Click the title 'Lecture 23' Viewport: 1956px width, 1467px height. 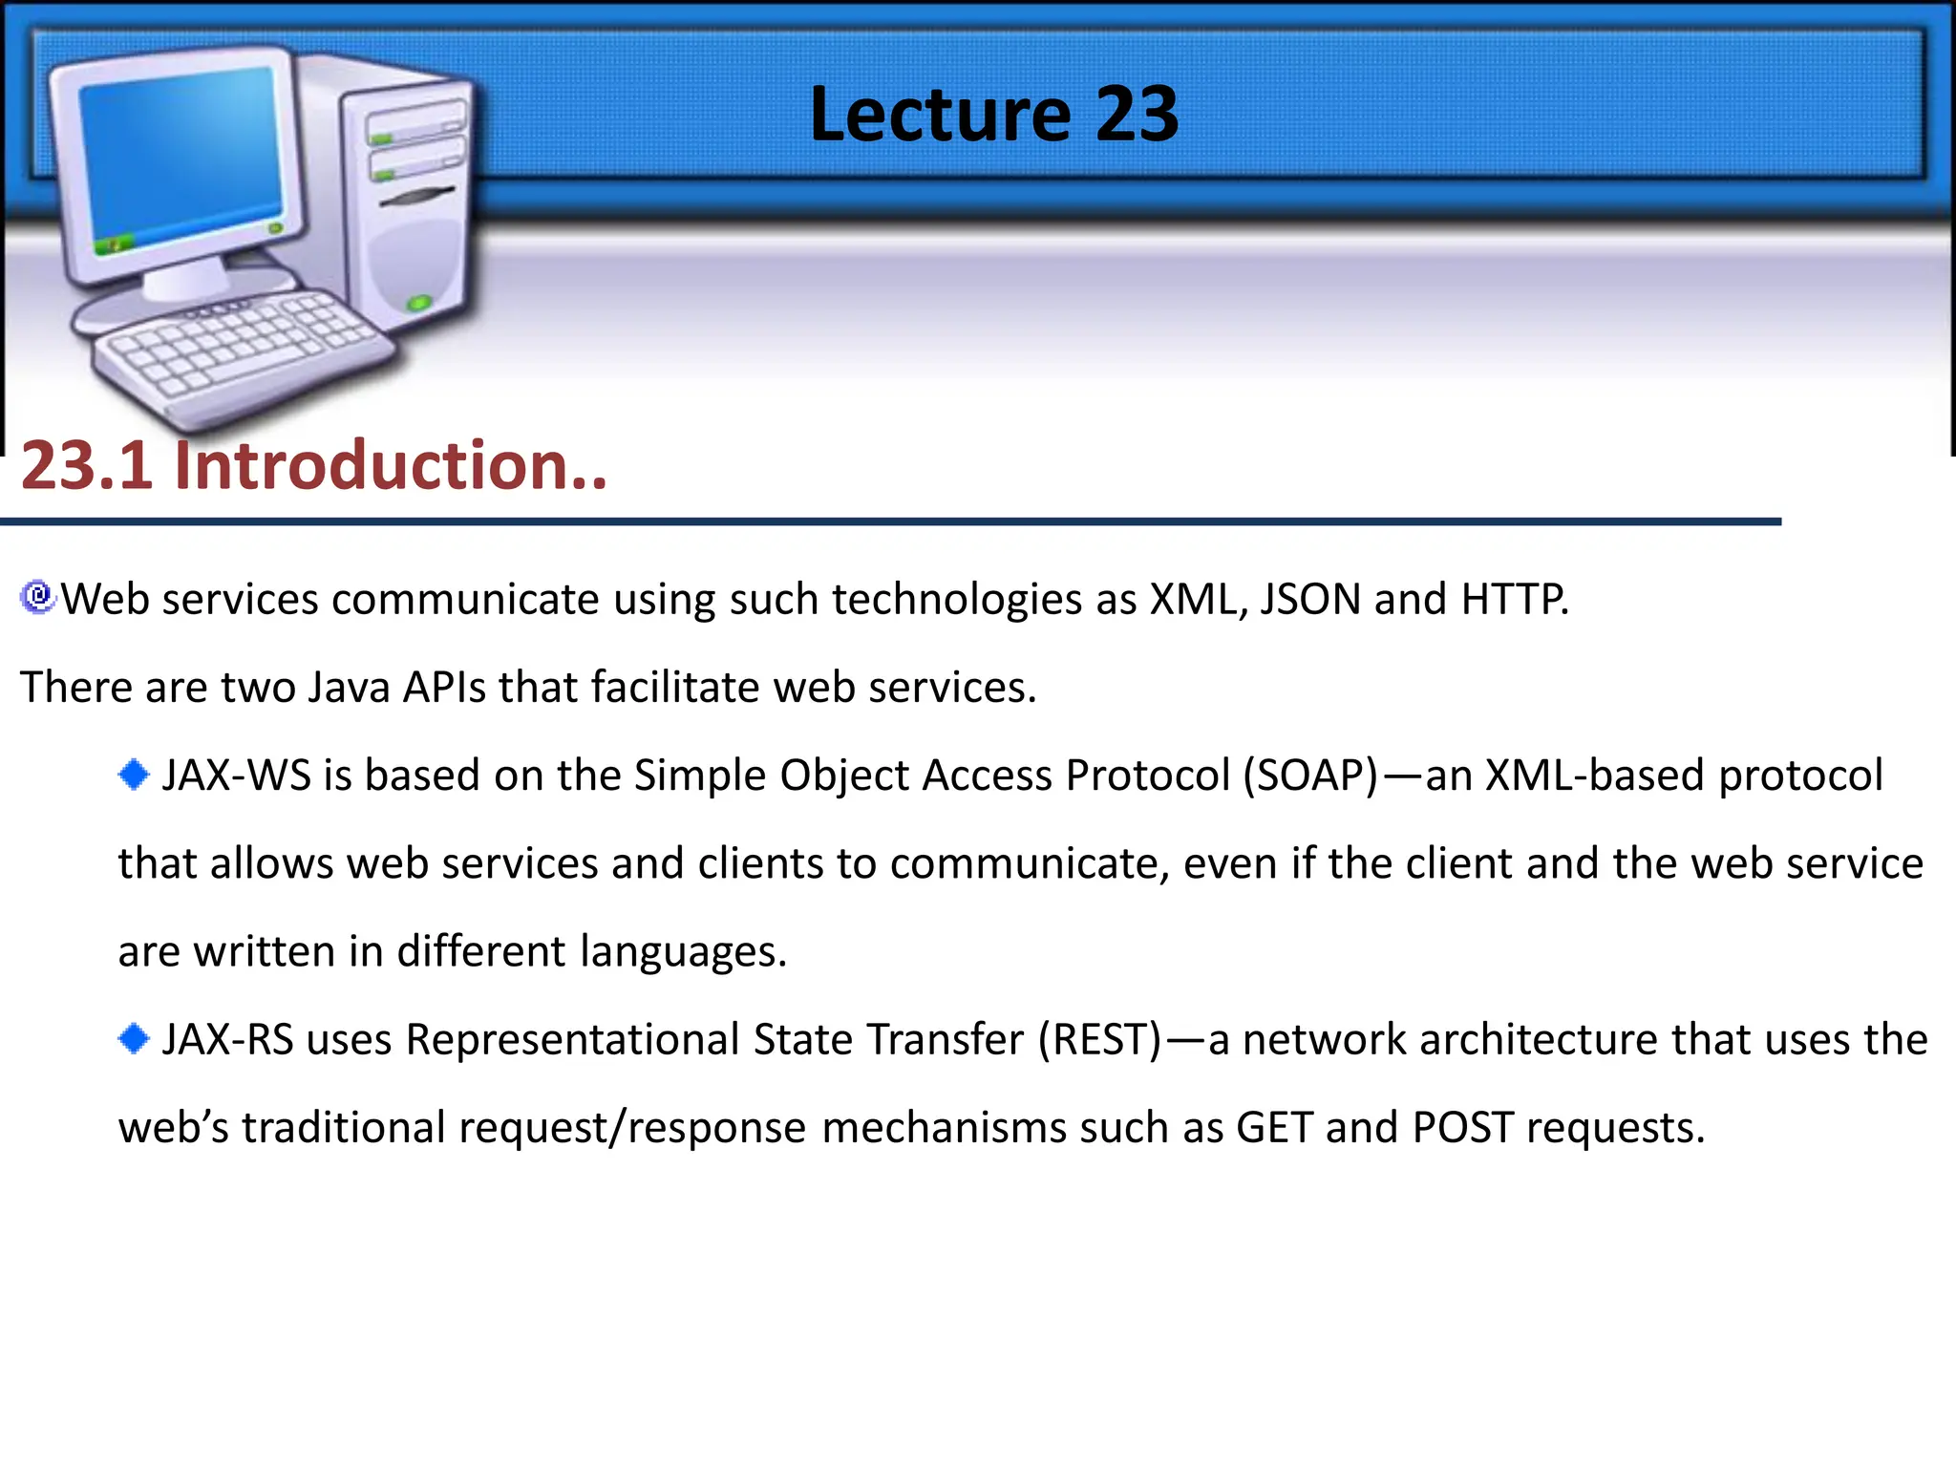(x=993, y=115)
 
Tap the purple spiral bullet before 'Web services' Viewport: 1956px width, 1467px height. (x=38, y=597)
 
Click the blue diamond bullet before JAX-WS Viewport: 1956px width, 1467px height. (x=134, y=774)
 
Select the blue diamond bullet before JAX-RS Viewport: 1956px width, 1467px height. (x=134, y=1038)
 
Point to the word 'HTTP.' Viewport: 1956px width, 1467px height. (x=1515, y=600)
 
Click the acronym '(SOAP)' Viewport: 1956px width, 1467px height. (x=1310, y=776)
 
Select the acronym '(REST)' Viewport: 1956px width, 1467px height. (x=1100, y=1040)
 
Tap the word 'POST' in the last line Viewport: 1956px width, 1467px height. (x=1462, y=1128)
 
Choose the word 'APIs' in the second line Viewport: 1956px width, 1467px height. (x=444, y=688)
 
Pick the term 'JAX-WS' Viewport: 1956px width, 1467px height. (x=236, y=776)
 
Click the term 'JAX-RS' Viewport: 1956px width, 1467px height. (x=227, y=1040)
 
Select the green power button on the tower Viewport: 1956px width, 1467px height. (x=419, y=304)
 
